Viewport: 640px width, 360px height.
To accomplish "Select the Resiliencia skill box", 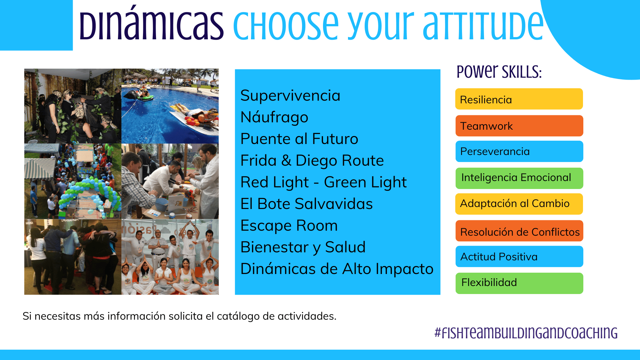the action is pos(519,99).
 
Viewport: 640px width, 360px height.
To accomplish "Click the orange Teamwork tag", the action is pos(519,126).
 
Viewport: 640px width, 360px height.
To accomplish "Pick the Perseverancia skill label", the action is pos(519,151).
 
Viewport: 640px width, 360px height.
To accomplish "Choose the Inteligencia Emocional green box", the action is pos(519,178).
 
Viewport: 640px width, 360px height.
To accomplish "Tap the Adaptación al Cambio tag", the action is pos(519,204).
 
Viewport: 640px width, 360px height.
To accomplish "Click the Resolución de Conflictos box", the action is pos(519,231).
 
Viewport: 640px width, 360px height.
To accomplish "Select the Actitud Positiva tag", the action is pos(519,256).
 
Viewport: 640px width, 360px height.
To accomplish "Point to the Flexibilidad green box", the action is pos(519,283).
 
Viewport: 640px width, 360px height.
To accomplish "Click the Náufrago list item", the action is pos(274,117).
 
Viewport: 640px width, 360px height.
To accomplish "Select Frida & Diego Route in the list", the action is pos(312,161).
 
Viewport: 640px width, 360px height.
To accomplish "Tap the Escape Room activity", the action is pos(289,226).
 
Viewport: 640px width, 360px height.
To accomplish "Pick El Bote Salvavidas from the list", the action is pos(307,204).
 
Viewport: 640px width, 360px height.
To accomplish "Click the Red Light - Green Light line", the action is pos(323,183).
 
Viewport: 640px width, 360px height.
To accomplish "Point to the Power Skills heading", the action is pos(499,72).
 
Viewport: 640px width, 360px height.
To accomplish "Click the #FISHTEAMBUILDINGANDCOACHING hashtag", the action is pos(526,333).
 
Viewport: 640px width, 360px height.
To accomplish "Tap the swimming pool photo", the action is pos(170,106).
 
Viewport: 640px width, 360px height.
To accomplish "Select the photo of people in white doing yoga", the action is pos(170,257).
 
